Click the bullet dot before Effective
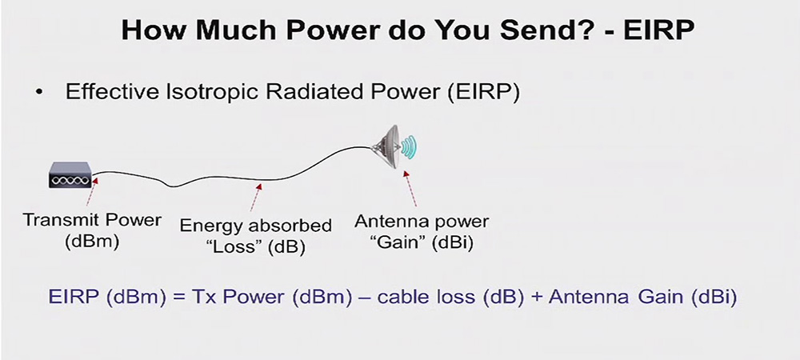(39, 93)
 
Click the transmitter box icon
(70, 175)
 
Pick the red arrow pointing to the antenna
(410, 189)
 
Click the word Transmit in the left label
(57, 220)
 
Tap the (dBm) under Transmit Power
(92, 241)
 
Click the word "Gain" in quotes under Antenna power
(401, 242)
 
